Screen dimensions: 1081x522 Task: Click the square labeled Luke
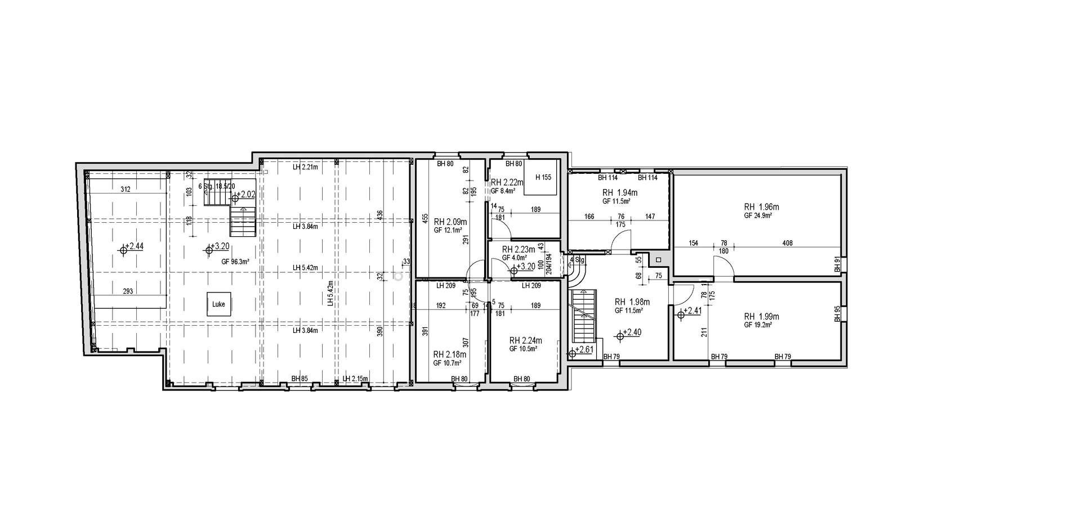[218, 304]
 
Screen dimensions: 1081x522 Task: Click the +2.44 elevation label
[135, 246]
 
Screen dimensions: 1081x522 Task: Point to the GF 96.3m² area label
[235, 262]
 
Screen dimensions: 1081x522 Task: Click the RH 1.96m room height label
[761, 207]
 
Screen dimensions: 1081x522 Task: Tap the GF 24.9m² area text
[758, 215]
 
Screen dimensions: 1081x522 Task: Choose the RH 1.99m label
[761, 316]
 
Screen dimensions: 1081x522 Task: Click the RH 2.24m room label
[525, 340]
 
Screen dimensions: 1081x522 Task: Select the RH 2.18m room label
[449, 354]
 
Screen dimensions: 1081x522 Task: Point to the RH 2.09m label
[450, 221]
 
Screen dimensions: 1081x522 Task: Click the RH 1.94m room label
[620, 192]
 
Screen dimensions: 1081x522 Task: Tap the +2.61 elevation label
[584, 349]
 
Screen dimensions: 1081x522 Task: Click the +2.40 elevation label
[632, 332]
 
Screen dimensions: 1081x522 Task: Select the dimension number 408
[787, 243]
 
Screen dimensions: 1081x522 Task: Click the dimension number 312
[125, 190]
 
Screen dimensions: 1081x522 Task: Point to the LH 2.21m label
[305, 167]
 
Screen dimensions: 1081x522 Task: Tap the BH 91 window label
[837, 265]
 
